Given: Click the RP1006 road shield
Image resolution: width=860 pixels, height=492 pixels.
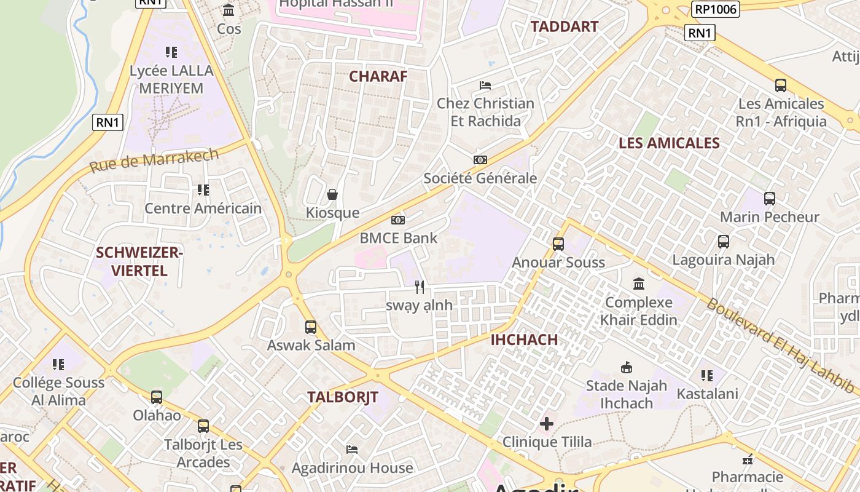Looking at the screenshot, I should pyautogui.click(x=715, y=9).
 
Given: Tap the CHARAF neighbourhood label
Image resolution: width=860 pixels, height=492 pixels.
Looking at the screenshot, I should pyautogui.click(x=378, y=76).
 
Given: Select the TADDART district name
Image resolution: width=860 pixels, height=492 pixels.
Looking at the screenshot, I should pyautogui.click(x=564, y=26).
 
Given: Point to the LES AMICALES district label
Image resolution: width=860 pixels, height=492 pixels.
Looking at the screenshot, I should pyautogui.click(x=669, y=143).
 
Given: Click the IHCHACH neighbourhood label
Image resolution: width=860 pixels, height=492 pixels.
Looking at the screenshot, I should pyautogui.click(x=524, y=339).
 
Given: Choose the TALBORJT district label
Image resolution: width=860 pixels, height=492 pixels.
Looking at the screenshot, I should pyautogui.click(x=343, y=397).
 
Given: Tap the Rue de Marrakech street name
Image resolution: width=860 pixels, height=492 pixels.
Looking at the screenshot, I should pyautogui.click(x=154, y=160).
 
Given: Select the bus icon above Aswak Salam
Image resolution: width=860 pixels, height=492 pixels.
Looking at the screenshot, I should pyautogui.click(x=311, y=327).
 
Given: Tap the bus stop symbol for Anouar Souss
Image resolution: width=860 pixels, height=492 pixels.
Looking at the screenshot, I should pyautogui.click(x=558, y=244).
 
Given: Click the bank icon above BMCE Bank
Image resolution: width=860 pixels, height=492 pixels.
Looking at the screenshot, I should pyautogui.click(x=398, y=220).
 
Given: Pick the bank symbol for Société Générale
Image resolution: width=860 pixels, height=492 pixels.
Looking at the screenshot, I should pyautogui.click(x=480, y=160).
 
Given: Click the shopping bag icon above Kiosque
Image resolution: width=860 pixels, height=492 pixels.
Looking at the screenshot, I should pyautogui.click(x=332, y=195).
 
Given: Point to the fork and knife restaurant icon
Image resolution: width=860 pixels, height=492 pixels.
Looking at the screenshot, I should pyautogui.click(x=420, y=287).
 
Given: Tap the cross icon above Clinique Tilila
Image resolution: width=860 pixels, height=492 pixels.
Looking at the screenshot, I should pyautogui.click(x=547, y=424).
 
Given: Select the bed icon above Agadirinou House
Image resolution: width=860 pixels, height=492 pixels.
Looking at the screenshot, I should pyautogui.click(x=352, y=450).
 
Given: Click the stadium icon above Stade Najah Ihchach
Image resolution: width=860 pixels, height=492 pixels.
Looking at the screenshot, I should pyautogui.click(x=627, y=368).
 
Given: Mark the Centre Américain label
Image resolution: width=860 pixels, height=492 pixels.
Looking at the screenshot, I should pyautogui.click(x=203, y=208).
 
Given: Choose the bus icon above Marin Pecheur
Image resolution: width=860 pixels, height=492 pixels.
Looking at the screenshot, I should pyautogui.click(x=770, y=199).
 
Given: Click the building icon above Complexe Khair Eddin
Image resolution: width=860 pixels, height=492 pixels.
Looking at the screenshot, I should pyautogui.click(x=639, y=284).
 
